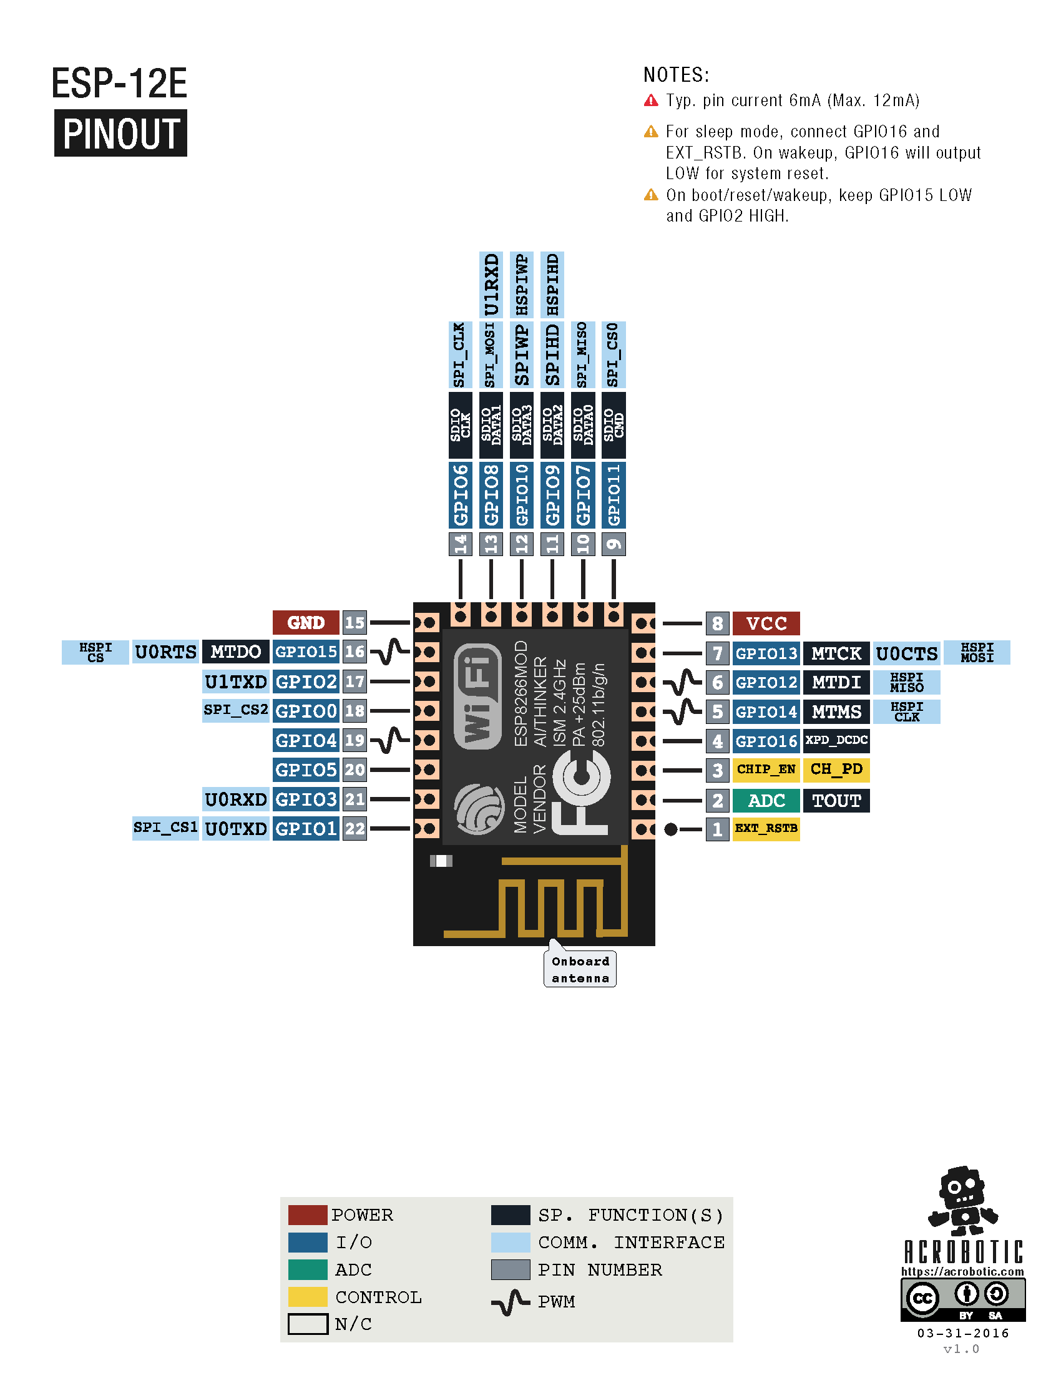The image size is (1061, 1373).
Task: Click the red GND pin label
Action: point(305,622)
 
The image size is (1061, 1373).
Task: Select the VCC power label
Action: point(766,623)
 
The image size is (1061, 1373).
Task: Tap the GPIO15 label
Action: point(305,652)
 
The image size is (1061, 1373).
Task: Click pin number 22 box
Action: point(354,829)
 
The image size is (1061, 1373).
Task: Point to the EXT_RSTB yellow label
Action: point(766,829)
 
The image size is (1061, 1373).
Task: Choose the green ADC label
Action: point(766,800)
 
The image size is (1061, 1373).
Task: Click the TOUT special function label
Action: point(836,800)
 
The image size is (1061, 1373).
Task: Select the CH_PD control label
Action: point(836,770)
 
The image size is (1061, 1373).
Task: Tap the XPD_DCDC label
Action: point(836,741)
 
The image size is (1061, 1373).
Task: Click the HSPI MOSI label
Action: point(976,653)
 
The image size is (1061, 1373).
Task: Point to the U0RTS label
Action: point(165,652)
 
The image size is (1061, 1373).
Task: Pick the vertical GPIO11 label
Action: point(614,495)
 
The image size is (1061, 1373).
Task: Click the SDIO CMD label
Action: point(614,425)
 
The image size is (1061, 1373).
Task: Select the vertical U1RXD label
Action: point(491,284)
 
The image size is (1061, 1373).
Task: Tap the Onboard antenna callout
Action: point(580,969)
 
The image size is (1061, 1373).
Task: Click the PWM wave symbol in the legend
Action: point(511,1301)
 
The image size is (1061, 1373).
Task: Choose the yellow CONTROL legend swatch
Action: point(307,1296)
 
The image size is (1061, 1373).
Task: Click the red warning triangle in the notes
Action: point(651,100)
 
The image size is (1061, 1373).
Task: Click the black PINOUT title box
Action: point(120,134)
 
